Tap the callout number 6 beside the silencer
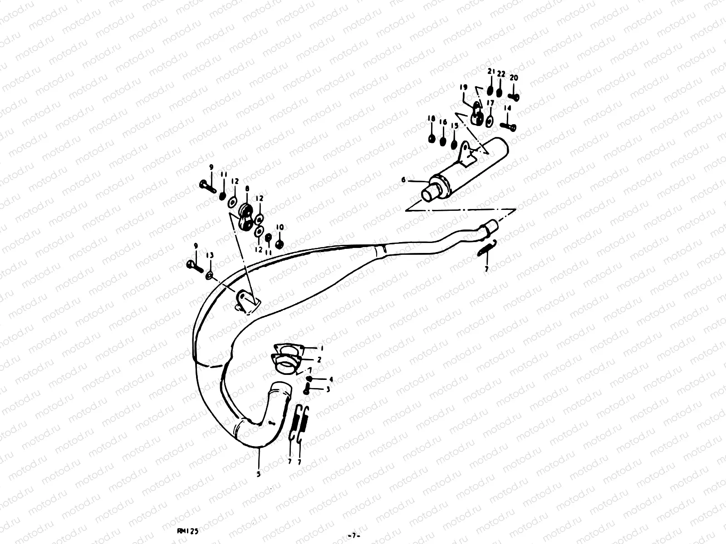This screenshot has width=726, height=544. coord(403,180)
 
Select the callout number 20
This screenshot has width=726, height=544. coord(513,78)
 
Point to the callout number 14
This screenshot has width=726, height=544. coord(507,108)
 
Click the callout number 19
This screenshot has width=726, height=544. coord(463,87)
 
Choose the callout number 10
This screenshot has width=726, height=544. coord(280,227)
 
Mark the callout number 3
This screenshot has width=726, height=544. coord(328,389)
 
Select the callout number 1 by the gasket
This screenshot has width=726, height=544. coord(321,349)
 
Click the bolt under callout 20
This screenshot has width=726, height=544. coord(514,96)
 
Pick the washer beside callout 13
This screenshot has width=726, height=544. coord(210,275)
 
